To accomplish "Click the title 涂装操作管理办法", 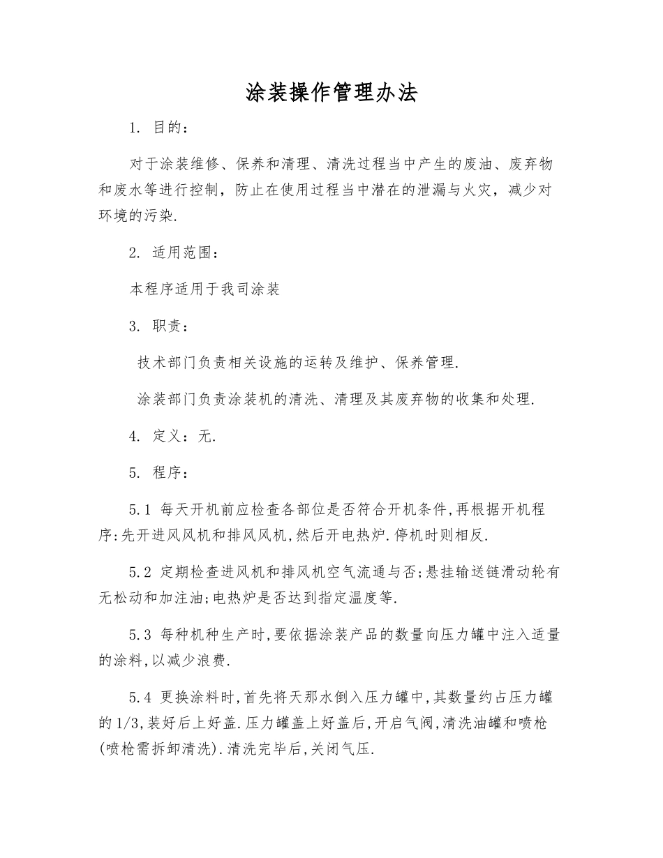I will point(331,93).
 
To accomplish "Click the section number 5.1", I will point(140,509).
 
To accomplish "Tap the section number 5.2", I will point(140,572).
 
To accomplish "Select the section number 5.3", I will point(140,635).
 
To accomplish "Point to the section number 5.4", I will point(140,698).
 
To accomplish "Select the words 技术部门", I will point(168,363).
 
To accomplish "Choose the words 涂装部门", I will point(168,400).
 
